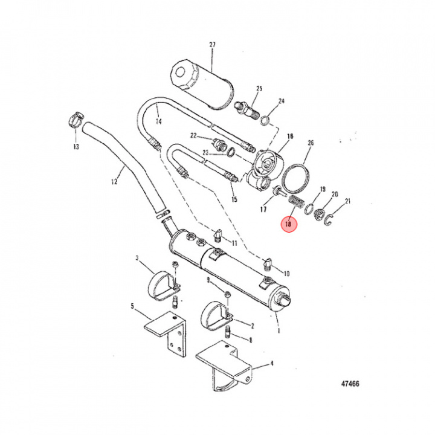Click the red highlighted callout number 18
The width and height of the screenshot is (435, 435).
[289, 224]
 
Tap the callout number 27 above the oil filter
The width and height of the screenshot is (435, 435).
[212, 44]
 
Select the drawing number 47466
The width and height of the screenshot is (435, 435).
[350, 384]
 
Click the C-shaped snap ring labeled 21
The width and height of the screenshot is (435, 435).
[329, 220]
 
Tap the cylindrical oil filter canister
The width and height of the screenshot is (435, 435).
[202, 84]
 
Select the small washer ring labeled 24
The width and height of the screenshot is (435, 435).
[265, 121]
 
